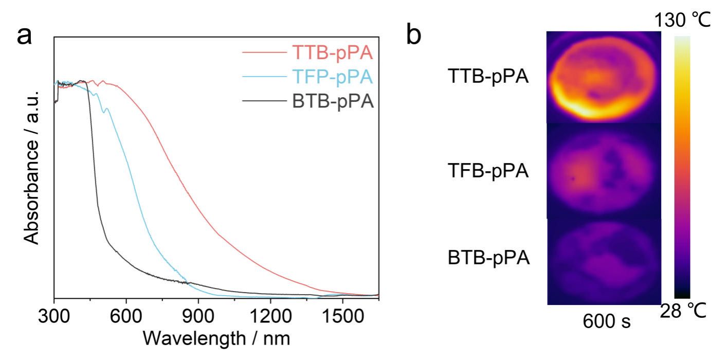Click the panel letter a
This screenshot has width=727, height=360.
pyautogui.click(x=24, y=37)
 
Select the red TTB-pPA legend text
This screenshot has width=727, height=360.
pyautogui.click(x=333, y=52)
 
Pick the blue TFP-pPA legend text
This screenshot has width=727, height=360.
pyautogui.click(x=333, y=77)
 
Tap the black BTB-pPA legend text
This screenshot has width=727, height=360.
pyautogui.click(x=333, y=101)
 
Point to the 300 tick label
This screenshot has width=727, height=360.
pyautogui.click(x=54, y=316)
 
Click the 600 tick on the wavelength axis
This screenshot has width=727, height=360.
pyautogui.click(x=126, y=316)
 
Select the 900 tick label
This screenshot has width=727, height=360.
pyautogui.click(x=198, y=316)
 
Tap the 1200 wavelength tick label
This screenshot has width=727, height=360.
pyautogui.click(x=270, y=316)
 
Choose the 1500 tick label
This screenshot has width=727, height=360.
pyautogui.click(x=342, y=316)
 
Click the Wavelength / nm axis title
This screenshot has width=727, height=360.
pyautogui.click(x=216, y=338)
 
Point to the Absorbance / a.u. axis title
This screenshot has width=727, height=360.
pyautogui.click(x=31, y=168)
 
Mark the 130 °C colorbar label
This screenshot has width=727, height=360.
pyautogui.click(x=682, y=20)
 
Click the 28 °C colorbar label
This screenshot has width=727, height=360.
pyautogui.click(x=683, y=311)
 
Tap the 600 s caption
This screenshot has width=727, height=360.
pyautogui.click(x=607, y=321)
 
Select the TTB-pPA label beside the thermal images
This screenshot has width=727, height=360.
pyautogui.click(x=488, y=76)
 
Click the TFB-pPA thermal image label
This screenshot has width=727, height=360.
pyautogui.click(x=488, y=170)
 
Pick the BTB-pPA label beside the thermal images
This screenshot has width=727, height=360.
pyautogui.click(x=489, y=258)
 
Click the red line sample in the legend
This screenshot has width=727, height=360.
pyautogui.click(x=264, y=52)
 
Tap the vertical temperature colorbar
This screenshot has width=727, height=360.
pyautogui.click(x=682, y=167)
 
